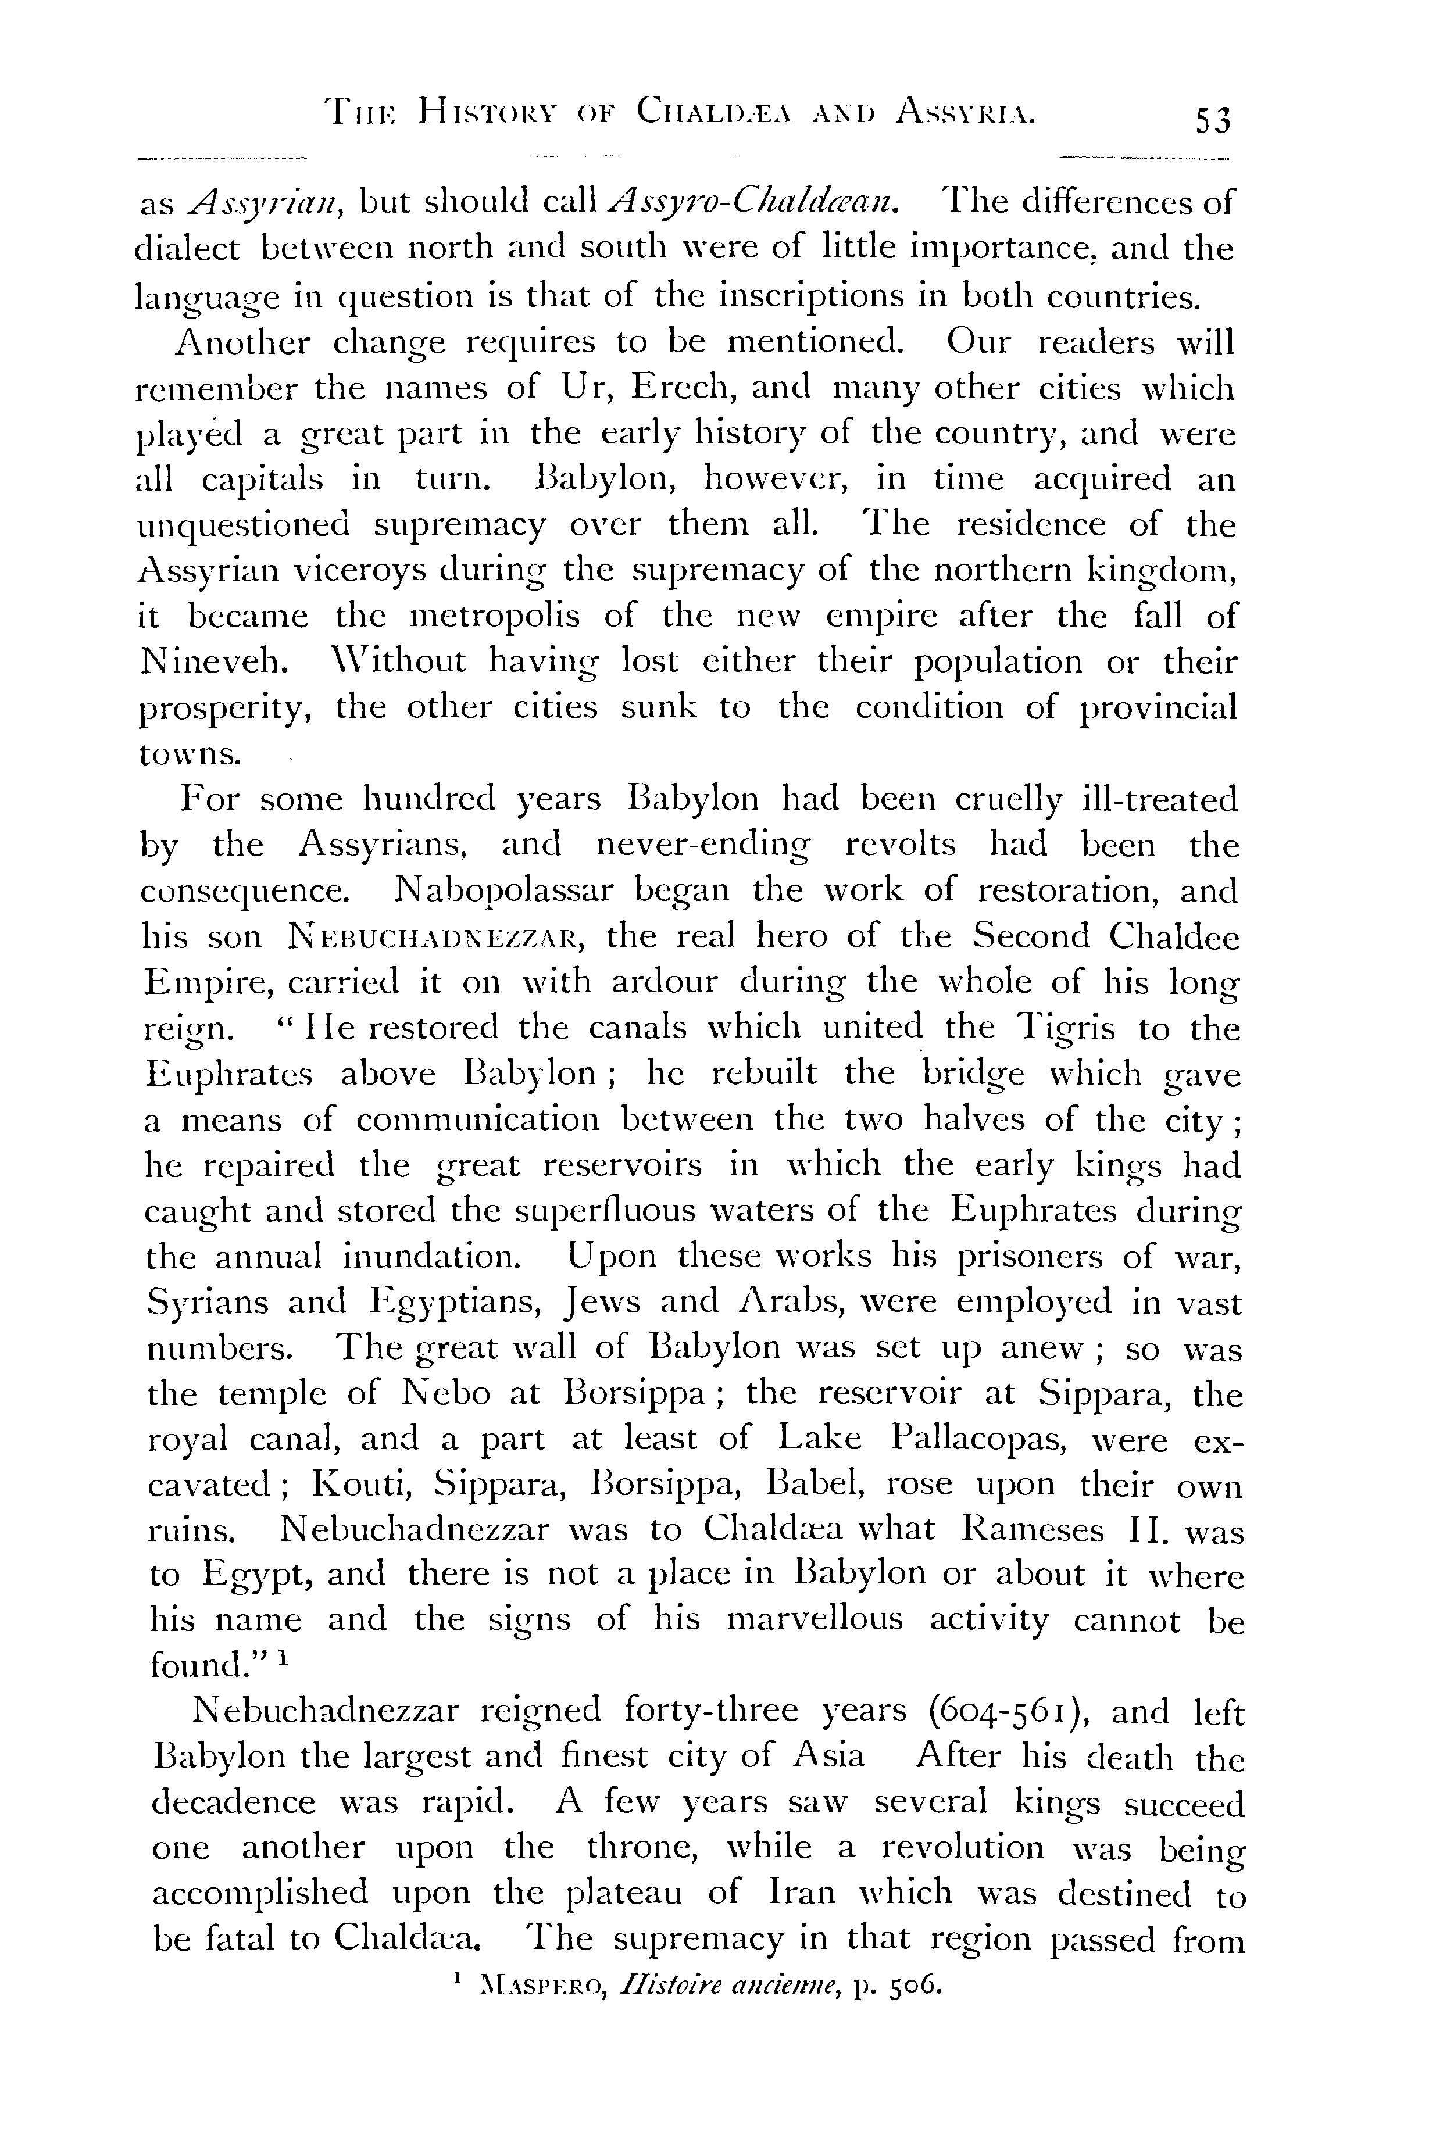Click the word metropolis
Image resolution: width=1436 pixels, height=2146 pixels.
[x=495, y=615]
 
